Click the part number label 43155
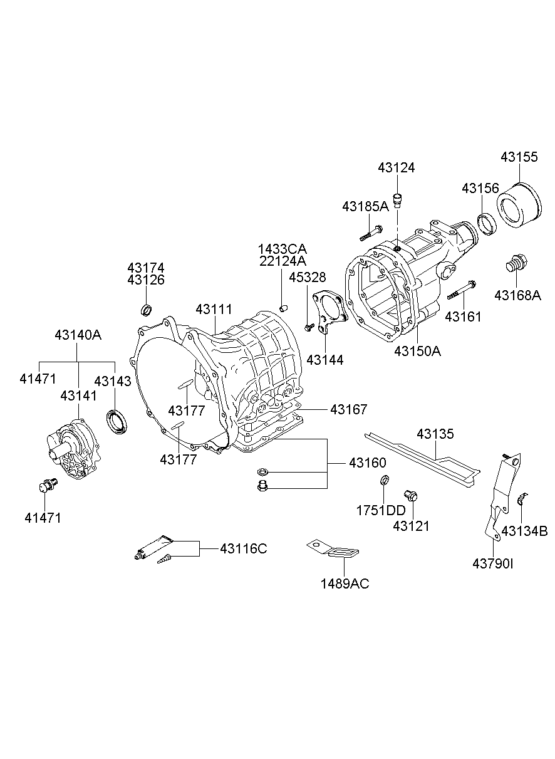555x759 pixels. [x=519, y=157]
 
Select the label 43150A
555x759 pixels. [x=417, y=351]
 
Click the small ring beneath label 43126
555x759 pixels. [x=146, y=310]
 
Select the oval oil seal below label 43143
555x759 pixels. [x=117, y=421]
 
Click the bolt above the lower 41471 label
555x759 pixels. [x=47, y=484]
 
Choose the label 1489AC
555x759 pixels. [x=345, y=584]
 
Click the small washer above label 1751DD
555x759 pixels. [x=385, y=481]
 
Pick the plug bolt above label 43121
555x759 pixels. [x=411, y=496]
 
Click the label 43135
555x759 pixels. [x=436, y=434]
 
